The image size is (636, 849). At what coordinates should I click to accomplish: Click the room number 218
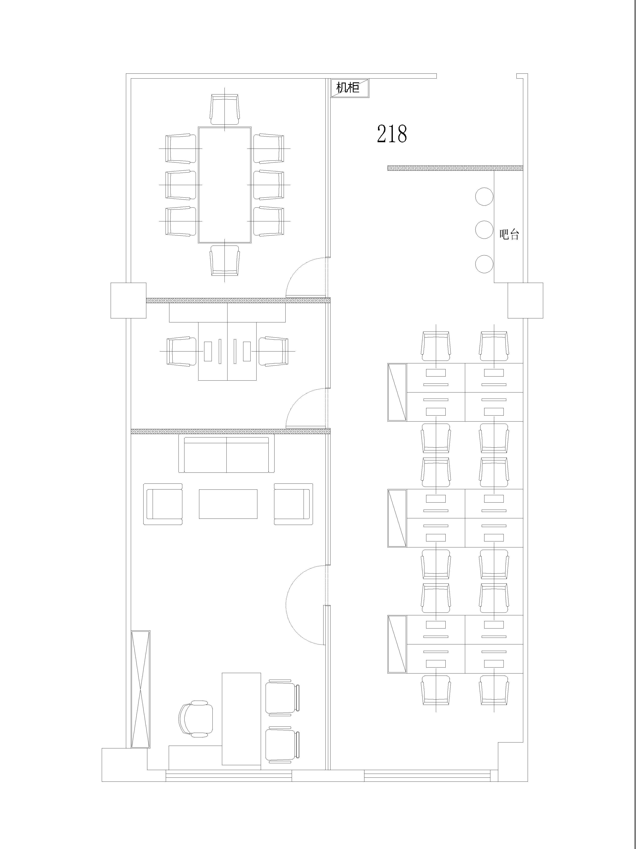[x=392, y=134]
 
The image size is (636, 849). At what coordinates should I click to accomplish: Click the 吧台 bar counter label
[x=509, y=235]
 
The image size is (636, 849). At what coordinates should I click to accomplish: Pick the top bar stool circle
[x=484, y=197]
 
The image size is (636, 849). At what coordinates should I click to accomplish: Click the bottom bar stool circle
[x=484, y=264]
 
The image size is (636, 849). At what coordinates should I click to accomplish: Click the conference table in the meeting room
[x=225, y=185]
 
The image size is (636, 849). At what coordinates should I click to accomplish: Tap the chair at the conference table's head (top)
[x=225, y=109]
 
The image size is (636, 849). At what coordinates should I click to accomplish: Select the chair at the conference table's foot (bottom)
[x=225, y=261]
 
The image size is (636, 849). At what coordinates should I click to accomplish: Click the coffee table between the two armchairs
[x=228, y=504]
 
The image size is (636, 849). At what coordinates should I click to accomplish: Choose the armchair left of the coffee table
[x=163, y=504]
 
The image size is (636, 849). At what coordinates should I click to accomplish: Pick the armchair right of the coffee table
[x=293, y=504]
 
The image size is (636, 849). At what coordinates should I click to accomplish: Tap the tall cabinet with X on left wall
[x=141, y=689]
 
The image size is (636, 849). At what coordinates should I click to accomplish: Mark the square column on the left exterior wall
[x=128, y=301]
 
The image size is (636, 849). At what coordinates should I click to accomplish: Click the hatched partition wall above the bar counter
[x=455, y=168]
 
